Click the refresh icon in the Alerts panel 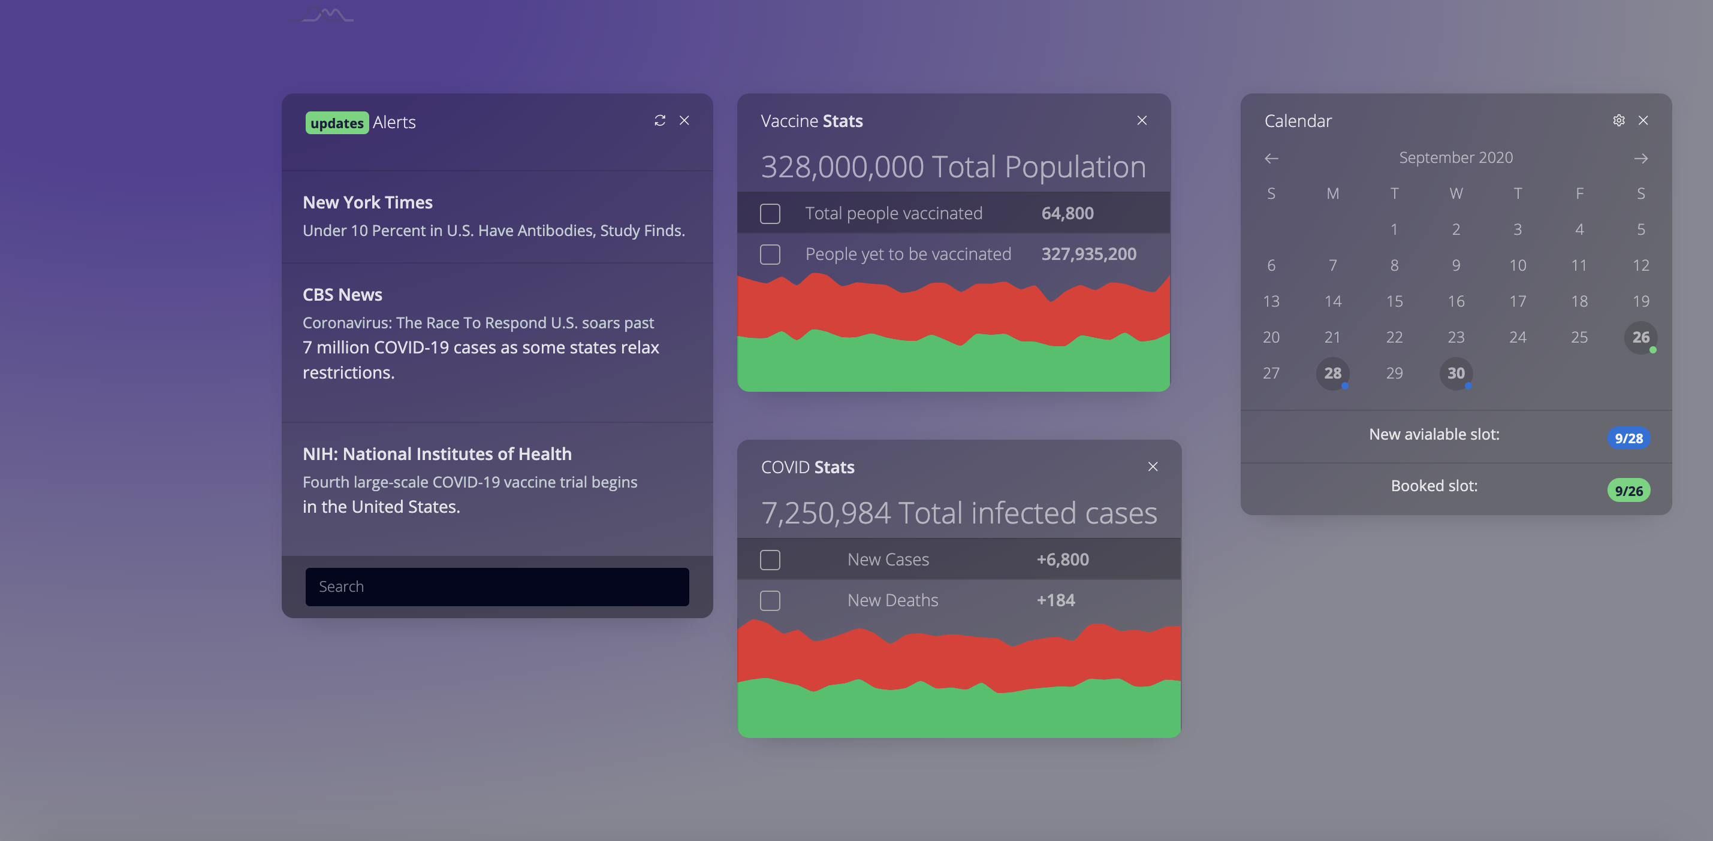pos(660,120)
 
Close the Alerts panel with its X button pos(684,120)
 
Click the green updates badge pos(336,123)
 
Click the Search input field pos(497,586)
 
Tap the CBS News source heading pos(342,295)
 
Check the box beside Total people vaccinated pos(770,213)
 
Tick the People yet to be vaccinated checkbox pos(770,254)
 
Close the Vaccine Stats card pos(1142,120)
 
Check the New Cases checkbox pos(770,560)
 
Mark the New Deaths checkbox pos(770,600)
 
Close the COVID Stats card pos(1153,467)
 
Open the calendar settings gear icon pos(1618,120)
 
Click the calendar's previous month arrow pos(1271,158)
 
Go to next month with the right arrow pos(1640,158)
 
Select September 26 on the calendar pos(1640,337)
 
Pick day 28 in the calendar pos(1332,373)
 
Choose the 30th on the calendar pos(1456,373)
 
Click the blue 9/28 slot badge pos(1628,438)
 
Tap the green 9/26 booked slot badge pos(1628,491)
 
